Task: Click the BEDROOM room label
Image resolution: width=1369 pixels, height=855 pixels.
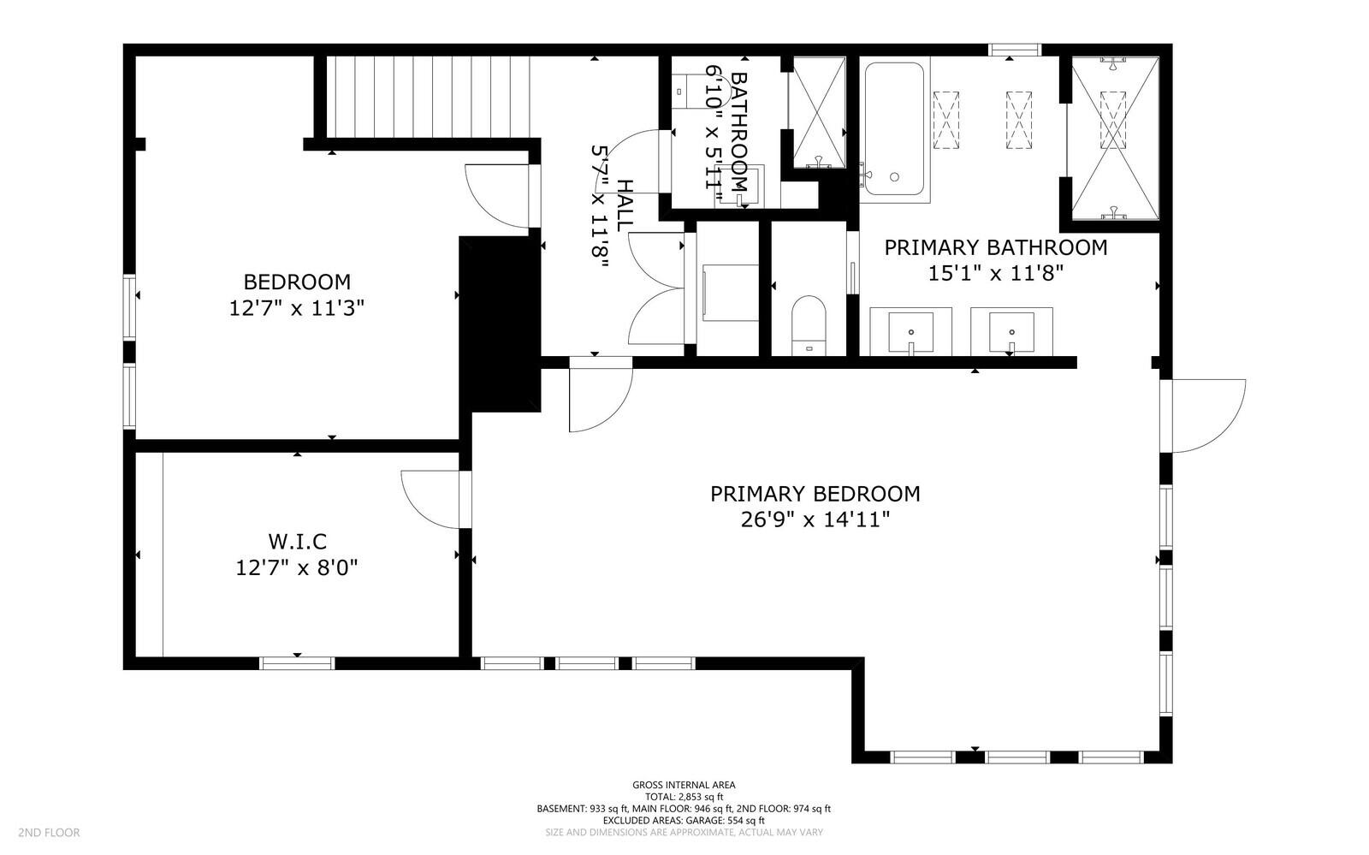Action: click(x=297, y=282)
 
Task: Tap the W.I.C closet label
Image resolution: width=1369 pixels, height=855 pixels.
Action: click(x=297, y=542)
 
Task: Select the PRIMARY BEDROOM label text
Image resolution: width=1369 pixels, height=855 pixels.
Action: click(x=815, y=494)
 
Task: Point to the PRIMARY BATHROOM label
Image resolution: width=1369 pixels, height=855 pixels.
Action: click(x=996, y=247)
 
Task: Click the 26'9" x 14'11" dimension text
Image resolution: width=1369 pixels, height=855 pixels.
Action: click(x=815, y=520)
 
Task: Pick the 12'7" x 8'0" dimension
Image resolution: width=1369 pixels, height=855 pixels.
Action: click(x=297, y=568)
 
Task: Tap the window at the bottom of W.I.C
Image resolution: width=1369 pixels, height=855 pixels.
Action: click(x=298, y=663)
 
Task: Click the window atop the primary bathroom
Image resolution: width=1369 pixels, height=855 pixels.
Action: click(x=1015, y=50)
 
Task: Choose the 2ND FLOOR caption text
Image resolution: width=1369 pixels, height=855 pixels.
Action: click(x=49, y=833)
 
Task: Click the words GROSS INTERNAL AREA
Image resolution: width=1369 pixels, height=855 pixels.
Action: click(x=684, y=786)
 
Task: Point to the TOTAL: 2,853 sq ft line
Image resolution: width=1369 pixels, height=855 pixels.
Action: click(x=684, y=797)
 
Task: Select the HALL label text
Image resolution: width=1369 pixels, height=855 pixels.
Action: click(x=624, y=205)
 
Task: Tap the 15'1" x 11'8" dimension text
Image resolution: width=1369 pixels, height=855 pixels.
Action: click(x=996, y=273)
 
